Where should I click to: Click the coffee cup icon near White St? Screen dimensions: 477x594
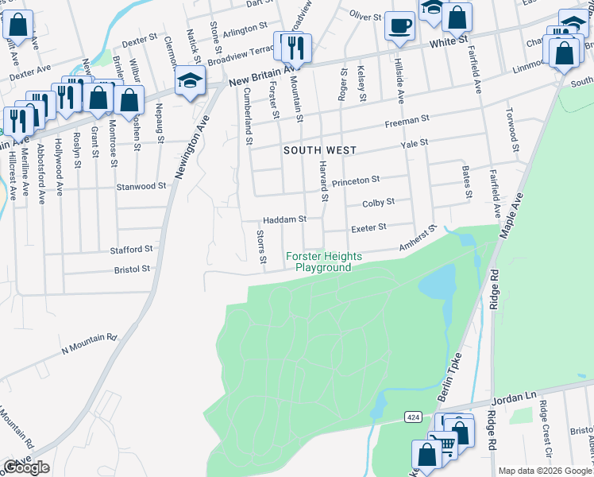point(399,25)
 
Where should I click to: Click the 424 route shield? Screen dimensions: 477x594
point(412,417)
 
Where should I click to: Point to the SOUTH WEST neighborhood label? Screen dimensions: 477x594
point(320,149)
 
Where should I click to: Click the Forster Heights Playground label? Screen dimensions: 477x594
point(323,262)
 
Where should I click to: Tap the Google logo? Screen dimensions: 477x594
point(26,467)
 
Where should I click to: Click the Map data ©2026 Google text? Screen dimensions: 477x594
point(545,471)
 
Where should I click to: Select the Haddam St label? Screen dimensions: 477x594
point(284,219)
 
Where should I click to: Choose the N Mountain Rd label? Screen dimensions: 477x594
point(89,338)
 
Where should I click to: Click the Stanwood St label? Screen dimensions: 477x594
point(141,186)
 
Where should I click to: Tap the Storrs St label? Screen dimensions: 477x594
point(261,246)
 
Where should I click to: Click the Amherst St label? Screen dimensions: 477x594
point(418,240)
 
